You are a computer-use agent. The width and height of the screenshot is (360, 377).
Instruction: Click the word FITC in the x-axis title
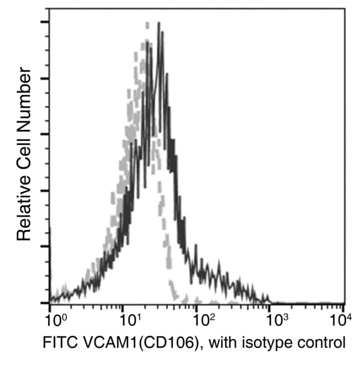(x=56, y=343)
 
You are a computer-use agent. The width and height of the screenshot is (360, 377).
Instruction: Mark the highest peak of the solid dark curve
(x=158, y=24)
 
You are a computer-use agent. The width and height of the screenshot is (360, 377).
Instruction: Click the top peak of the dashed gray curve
(x=147, y=24)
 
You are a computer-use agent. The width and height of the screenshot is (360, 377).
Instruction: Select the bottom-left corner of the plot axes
(x=50, y=304)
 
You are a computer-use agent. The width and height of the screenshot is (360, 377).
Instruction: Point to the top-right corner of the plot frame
(x=344, y=9)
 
